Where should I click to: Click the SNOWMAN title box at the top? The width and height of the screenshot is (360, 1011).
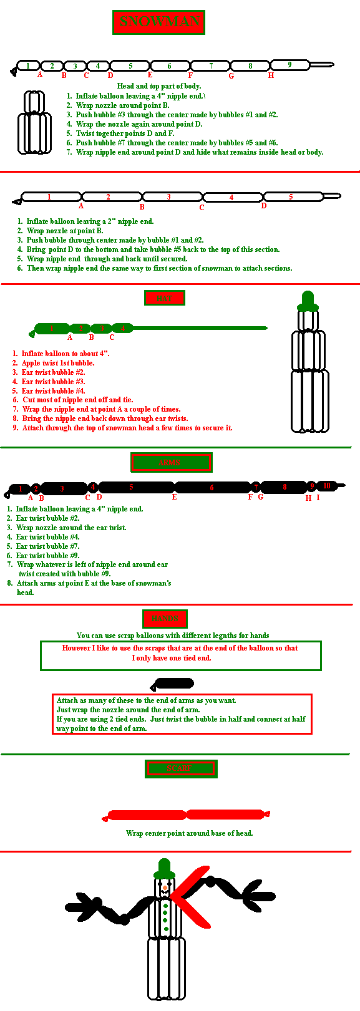point(158,22)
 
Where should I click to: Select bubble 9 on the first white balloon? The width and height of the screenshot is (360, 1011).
point(289,65)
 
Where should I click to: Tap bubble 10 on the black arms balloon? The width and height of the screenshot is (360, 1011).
point(327,486)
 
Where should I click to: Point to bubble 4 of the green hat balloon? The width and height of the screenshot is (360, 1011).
point(123,328)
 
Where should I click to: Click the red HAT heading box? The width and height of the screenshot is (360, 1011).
point(164,298)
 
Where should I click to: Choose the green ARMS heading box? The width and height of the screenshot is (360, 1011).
point(171,462)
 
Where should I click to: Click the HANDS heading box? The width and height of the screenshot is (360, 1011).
point(165,619)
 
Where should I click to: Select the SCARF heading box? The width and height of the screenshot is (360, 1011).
point(180,768)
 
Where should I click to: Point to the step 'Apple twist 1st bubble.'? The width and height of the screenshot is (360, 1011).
point(57,363)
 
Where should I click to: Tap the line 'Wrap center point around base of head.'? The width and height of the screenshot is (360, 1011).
point(189,833)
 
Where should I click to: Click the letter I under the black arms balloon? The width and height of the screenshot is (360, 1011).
point(318,498)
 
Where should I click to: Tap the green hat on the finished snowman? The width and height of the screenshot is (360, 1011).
point(164,868)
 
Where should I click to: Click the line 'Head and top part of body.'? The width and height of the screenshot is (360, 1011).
point(158,86)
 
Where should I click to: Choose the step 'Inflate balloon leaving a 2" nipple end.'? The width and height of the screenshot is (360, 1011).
point(90,221)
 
